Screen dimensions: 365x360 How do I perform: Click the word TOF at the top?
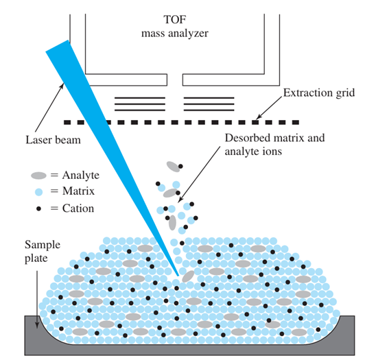pyautogui.click(x=175, y=20)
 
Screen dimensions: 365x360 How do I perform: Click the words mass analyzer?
pyautogui.click(x=175, y=34)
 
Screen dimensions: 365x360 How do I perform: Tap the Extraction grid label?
pyautogui.click(x=319, y=93)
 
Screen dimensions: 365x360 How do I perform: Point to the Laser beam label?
pyautogui.click(x=53, y=140)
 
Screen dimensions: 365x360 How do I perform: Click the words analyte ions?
pyautogui.click(x=253, y=152)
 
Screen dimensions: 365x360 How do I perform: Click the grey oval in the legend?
pyautogui.click(x=38, y=176)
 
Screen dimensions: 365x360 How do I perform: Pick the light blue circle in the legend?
pyautogui.click(x=38, y=192)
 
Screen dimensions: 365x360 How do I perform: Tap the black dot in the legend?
pyautogui.click(x=38, y=208)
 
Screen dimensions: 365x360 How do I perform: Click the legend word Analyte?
pyautogui.click(x=80, y=176)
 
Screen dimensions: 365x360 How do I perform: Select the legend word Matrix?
pyautogui.click(x=78, y=191)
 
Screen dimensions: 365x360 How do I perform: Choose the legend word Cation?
pyautogui.click(x=78, y=208)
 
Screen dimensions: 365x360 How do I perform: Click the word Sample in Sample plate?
pyautogui.click(x=43, y=245)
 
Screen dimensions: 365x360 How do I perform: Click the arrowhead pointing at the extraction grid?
pyautogui.click(x=259, y=117)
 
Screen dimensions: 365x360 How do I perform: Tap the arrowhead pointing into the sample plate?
pyautogui.click(x=37, y=325)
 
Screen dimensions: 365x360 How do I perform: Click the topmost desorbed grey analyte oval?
pyautogui.click(x=173, y=167)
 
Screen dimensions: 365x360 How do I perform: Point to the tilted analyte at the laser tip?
pyautogui.click(x=188, y=276)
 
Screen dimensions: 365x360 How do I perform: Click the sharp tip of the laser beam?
pyautogui.click(x=178, y=276)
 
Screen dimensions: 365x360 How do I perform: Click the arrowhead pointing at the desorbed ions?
pyautogui.click(x=180, y=200)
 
